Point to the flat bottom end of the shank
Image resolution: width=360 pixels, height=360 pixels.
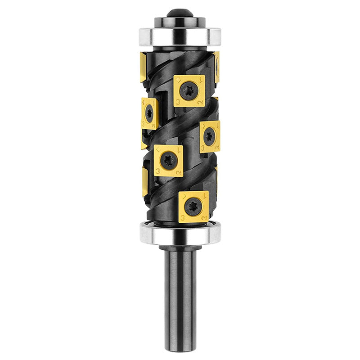click(x=180, y=350)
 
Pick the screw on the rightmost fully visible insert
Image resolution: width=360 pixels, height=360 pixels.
click(x=209, y=136)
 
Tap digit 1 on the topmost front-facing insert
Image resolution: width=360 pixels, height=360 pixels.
click(x=201, y=80)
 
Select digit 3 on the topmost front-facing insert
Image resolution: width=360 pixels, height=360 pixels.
click(x=177, y=102)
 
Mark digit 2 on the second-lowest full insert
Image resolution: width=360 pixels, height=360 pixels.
click(x=178, y=171)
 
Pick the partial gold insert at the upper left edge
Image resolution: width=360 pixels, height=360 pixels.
click(x=143, y=67)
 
